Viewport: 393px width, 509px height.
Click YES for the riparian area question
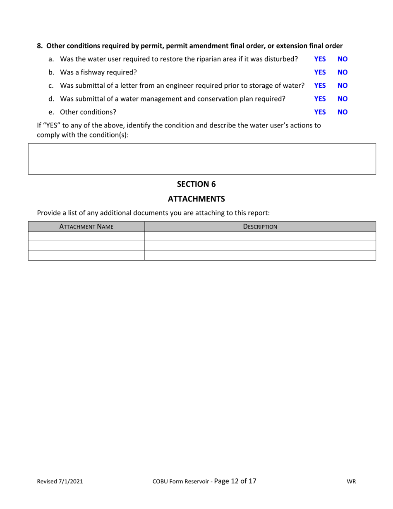pyautogui.click(x=320, y=59)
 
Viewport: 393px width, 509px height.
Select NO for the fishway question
pyautogui.click(x=343, y=72)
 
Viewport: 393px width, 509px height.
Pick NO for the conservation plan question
pyautogui.click(x=343, y=99)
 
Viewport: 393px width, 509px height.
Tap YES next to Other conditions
pyautogui.click(x=320, y=112)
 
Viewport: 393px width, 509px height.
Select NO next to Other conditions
pyautogui.click(x=343, y=112)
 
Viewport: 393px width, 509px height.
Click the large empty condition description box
pyautogui.click(x=202, y=159)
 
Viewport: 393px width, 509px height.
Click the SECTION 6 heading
pyautogui.click(x=196, y=184)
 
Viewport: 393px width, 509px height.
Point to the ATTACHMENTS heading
pyautogui.click(x=196, y=199)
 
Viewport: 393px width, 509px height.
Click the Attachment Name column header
pyautogui.click(x=86, y=226)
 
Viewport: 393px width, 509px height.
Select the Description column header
pyautogui.click(x=260, y=226)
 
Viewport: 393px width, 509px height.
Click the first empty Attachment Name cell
pyautogui.click(x=86, y=236)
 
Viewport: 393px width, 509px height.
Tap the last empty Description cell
pyautogui.click(x=260, y=256)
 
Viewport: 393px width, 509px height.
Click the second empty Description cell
pyautogui.click(x=260, y=246)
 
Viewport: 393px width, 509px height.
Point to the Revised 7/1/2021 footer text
pyautogui.click(x=60, y=482)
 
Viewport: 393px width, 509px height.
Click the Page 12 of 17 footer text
pyautogui.click(x=235, y=481)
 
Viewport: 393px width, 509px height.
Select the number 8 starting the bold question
pyautogui.click(x=39, y=46)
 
